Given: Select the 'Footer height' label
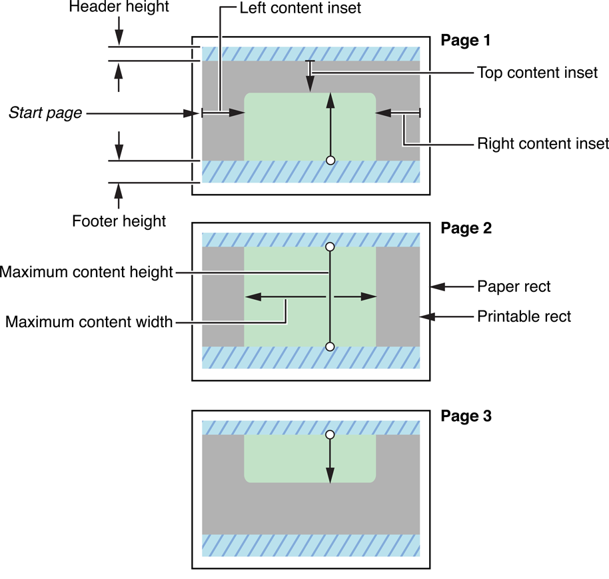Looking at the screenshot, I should click(x=119, y=220).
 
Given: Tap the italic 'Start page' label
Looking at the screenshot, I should click(x=45, y=113).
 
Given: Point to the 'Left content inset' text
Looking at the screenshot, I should click(x=301, y=9).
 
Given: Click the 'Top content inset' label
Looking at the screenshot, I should click(x=538, y=73).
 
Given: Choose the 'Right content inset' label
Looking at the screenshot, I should click(x=543, y=143).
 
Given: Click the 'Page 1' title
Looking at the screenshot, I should click(x=466, y=41).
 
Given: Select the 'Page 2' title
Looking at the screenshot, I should click(x=466, y=228).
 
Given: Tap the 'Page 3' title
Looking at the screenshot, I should click(x=466, y=416).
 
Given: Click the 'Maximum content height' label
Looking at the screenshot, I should click(x=87, y=272).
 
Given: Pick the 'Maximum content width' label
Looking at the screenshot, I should click(x=89, y=322).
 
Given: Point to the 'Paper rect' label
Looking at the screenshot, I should click(x=514, y=287).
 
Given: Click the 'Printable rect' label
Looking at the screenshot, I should click(x=524, y=316).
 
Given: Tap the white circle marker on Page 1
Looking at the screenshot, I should click(x=330, y=160).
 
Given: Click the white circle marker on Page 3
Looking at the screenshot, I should click(x=330, y=434).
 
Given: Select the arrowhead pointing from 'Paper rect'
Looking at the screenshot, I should click(x=436, y=287).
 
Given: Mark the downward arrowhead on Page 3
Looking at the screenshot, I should click(x=330, y=478).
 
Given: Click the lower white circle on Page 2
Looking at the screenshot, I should click(x=330, y=346).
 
